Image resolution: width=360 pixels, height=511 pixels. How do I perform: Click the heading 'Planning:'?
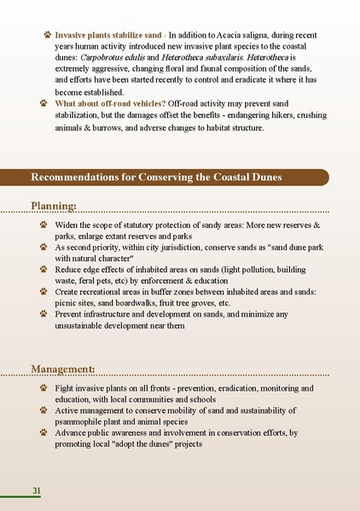tap(54, 206)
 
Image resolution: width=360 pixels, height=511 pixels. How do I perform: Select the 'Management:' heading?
tap(63, 369)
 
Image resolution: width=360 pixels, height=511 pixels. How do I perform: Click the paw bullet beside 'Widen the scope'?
tap(44, 224)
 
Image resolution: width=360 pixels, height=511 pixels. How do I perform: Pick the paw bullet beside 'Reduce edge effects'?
tap(44, 269)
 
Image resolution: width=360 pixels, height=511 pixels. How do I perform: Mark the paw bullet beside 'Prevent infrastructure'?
tap(44, 314)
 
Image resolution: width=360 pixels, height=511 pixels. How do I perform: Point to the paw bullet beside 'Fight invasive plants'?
tap(44, 388)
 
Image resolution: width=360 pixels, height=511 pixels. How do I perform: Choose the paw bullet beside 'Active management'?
tap(44, 410)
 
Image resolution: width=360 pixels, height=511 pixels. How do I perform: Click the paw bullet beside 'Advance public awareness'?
tap(44, 433)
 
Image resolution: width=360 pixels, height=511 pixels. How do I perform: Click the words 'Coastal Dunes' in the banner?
tap(249, 177)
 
